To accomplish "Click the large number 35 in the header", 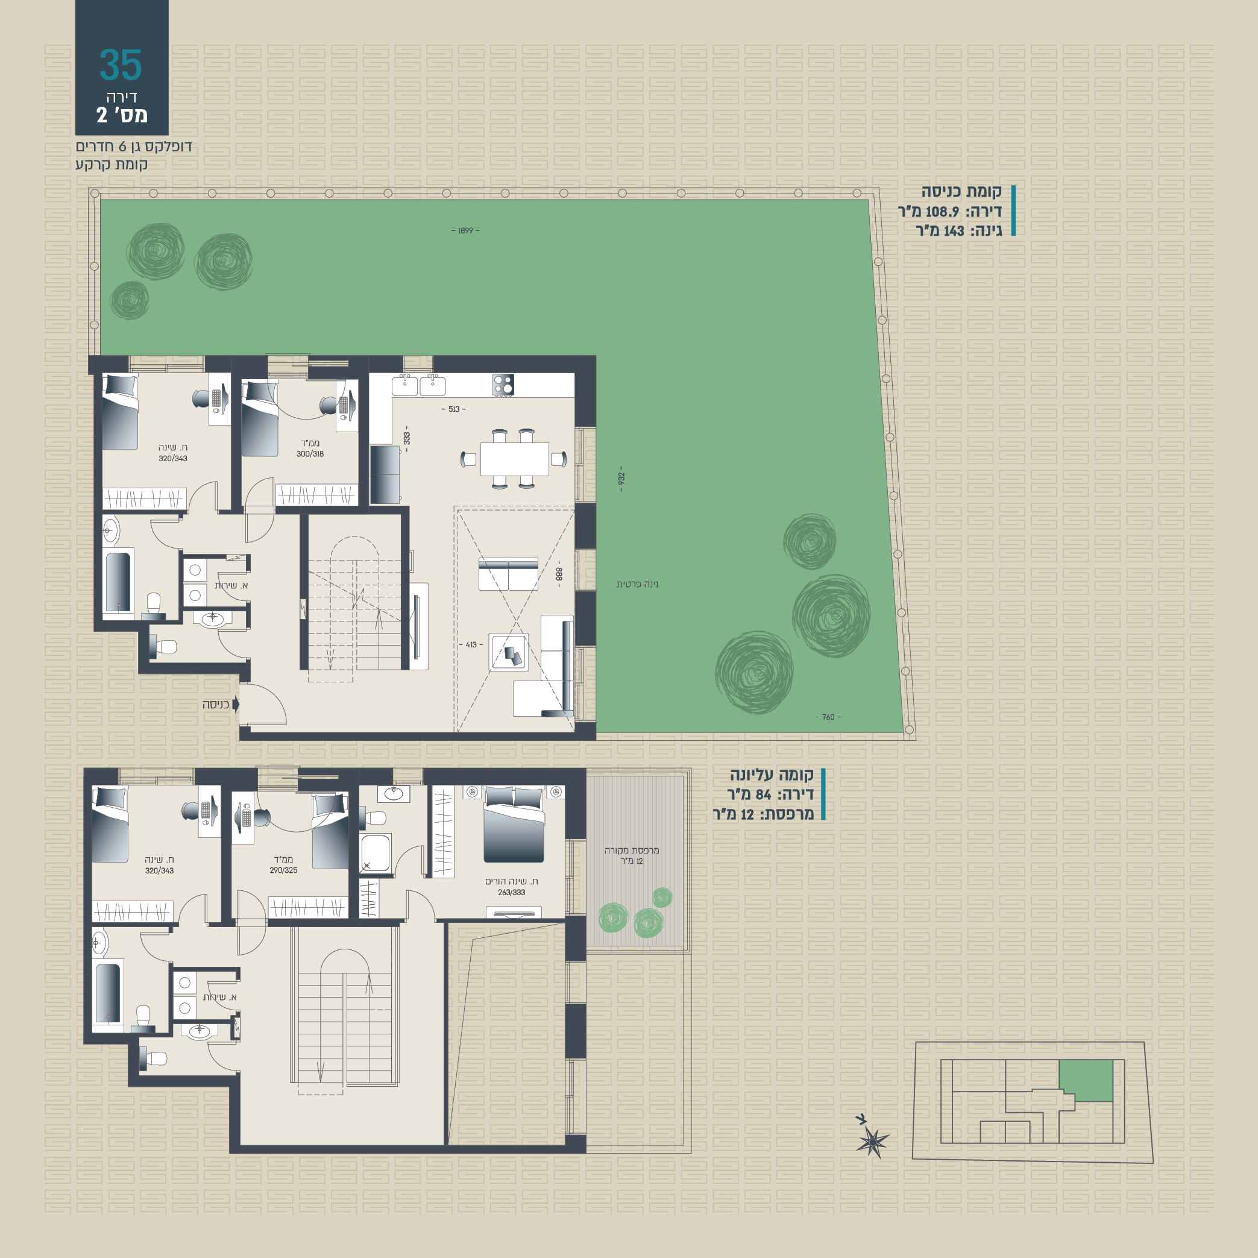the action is tap(121, 64).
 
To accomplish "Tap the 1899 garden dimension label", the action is tap(465, 230).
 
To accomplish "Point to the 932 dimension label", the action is tap(621, 479).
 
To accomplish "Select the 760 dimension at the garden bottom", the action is tap(828, 717).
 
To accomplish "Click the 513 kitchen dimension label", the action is tap(454, 409).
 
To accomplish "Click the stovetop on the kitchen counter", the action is tap(503, 384).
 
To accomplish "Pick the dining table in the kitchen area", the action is tap(514, 459).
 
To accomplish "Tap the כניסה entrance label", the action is tap(216, 705).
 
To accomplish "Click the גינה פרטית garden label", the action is tap(638, 584).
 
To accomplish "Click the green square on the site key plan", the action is tap(1086, 1080).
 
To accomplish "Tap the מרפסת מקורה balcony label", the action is tap(632, 851).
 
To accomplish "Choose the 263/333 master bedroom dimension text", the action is tap(511, 892).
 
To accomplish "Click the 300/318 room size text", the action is tap(310, 454).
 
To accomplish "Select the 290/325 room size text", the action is tap(283, 870).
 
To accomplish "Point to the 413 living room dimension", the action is tap(471, 644).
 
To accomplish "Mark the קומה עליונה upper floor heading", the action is tap(772, 775).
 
